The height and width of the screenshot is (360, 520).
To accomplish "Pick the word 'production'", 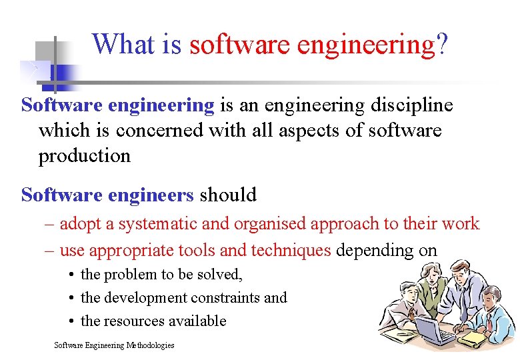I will (84, 156).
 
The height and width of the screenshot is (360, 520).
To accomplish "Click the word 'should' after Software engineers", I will (228, 195).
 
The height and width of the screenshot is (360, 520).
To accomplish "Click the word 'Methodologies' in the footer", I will (148, 345).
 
